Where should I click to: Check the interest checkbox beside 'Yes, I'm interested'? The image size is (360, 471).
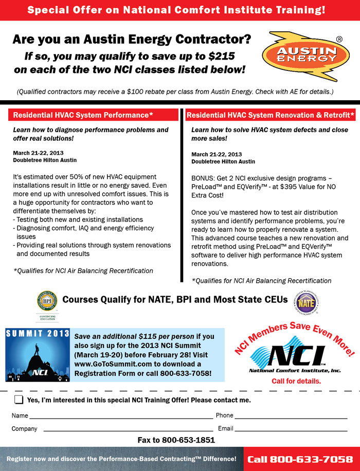[x=19, y=400]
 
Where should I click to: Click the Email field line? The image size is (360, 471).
[x=291, y=430]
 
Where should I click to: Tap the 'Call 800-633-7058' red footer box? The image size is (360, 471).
[x=300, y=459]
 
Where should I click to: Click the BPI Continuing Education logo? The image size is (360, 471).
[x=47, y=303]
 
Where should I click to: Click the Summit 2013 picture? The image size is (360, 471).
[x=37, y=355]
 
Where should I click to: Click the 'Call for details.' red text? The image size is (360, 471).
[x=296, y=381]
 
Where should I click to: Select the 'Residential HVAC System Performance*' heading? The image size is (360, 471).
[x=83, y=115]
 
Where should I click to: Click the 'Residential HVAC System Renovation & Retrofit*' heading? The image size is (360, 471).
[x=271, y=115]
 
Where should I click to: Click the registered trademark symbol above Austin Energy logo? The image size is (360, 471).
[x=339, y=39]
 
